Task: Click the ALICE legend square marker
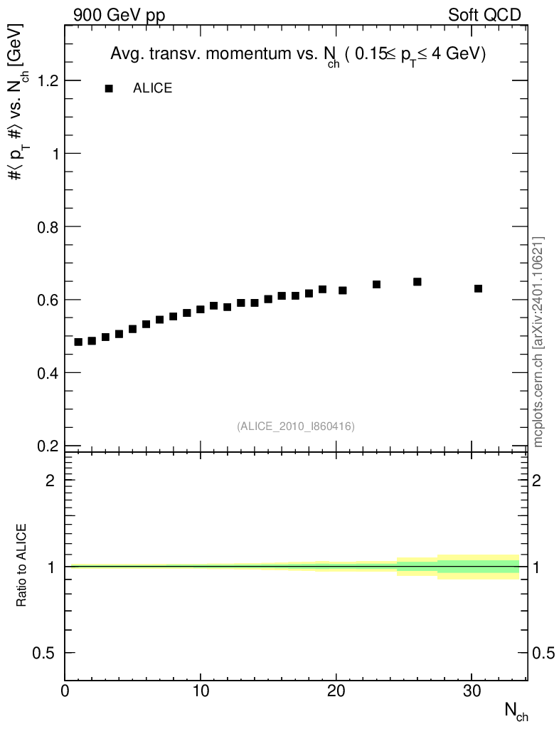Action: pos(109,88)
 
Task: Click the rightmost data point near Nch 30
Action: pos(478,288)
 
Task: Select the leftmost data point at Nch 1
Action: pos(78,342)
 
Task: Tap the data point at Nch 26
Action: pos(417,282)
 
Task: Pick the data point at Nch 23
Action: pos(377,284)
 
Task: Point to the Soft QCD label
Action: pos(484,15)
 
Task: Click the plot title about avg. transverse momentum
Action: pos(297,55)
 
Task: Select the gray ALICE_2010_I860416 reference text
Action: pos(296,426)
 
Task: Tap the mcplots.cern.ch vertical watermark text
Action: pos(538,342)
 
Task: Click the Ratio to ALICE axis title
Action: pos(21,565)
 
